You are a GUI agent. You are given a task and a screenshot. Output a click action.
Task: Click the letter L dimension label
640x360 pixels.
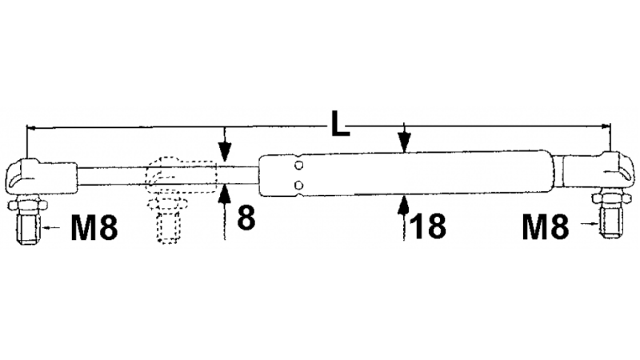pos(340,124)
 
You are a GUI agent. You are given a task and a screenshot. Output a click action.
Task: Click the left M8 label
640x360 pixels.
pos(94,228)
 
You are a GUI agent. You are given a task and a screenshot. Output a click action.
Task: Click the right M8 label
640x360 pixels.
pos(546,228)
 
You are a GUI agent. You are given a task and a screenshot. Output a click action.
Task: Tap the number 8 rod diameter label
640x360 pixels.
pos(246,218)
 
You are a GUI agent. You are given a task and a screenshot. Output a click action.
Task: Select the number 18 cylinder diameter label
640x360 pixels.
pos(427,226)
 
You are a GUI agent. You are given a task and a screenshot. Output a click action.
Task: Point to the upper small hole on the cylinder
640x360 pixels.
pos(299,166)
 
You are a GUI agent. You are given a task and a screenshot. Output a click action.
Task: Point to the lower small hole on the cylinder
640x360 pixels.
pos(299,186)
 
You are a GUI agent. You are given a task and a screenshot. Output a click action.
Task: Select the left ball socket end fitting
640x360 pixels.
pos(42,177)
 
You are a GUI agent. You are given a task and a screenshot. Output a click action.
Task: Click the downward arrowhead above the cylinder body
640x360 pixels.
pos(404,142)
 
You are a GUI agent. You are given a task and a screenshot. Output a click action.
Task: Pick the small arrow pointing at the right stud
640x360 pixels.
pos(590,223)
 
